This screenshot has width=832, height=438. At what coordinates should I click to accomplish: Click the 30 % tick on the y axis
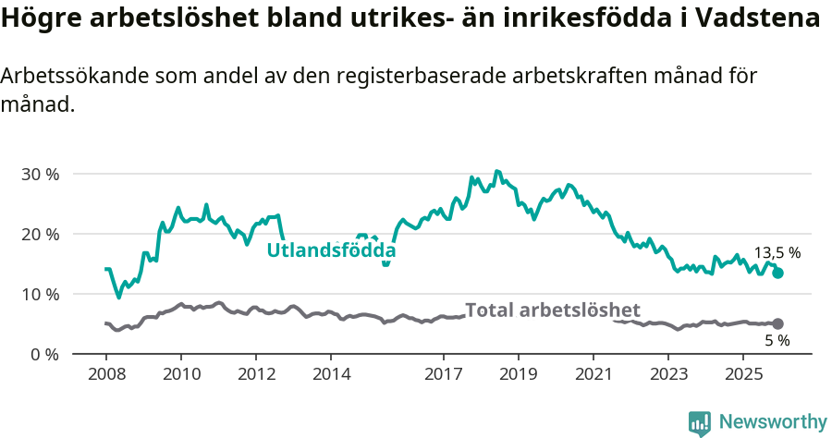point(40,174)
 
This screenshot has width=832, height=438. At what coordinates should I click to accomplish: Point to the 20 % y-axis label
point(40,234)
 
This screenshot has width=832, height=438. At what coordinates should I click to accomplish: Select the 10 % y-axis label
point(40,294)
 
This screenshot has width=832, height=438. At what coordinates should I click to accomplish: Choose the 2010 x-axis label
point(180,374)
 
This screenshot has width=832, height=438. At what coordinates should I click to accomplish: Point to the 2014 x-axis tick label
point(331,374)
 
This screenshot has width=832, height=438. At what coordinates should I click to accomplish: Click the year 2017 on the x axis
point(443,374)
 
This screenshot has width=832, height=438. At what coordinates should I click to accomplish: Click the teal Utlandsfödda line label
point(331,250)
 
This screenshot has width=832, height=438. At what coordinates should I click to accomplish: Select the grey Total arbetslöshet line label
point(552,310)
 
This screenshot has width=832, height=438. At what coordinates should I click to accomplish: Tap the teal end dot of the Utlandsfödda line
point(778,273)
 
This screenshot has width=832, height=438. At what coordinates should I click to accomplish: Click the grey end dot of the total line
point(778,323)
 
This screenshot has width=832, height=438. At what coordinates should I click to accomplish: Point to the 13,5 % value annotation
point(777,252)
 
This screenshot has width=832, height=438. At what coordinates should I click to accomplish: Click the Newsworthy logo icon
point(700,422)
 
